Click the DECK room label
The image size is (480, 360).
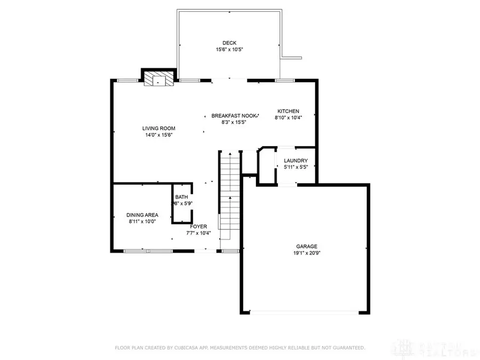tap(229, 43)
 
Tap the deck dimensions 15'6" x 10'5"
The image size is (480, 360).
tap(229, 50)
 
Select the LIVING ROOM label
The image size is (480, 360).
tap(158, 128)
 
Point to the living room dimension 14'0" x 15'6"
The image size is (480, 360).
tap(158, 135)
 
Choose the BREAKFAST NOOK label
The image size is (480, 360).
tap(234, 116)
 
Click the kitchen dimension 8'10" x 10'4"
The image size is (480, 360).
tap(288, 118)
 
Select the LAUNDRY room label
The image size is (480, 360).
tap(295, 161)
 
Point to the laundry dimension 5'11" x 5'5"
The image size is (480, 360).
tap(295, 167)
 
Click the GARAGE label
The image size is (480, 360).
tap(307, 246)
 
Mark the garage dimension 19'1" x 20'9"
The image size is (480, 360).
tap(307, 253)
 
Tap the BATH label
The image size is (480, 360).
tap(181, 197)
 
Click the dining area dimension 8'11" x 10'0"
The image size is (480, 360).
tap(142, 221)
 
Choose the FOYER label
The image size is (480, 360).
tap(198, 226)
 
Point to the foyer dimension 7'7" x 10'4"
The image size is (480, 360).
tap(198, 233)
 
